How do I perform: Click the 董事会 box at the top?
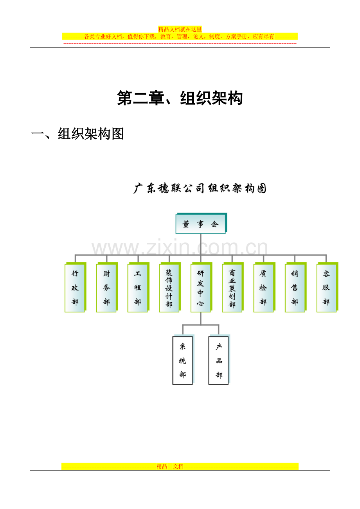(201, 223)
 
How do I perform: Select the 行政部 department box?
(75, 287)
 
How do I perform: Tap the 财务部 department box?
(107, 287)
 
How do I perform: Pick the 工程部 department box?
(138, 287)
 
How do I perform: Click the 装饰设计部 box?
(170, 287)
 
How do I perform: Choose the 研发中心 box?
(201, 287)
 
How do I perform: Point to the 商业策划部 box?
(233, 287)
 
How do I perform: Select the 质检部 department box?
(264, 287)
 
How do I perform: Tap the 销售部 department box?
(296, 287)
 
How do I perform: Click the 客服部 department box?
(327, 287)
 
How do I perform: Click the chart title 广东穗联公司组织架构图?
(200, 188)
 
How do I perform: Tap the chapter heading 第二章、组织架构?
(180, 98)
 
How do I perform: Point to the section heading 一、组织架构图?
(77, 134)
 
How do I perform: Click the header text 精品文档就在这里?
(180, 29)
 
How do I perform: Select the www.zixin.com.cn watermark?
(180, 247)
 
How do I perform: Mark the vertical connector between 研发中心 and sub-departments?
(201, 318)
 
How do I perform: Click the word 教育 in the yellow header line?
(166, 36)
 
